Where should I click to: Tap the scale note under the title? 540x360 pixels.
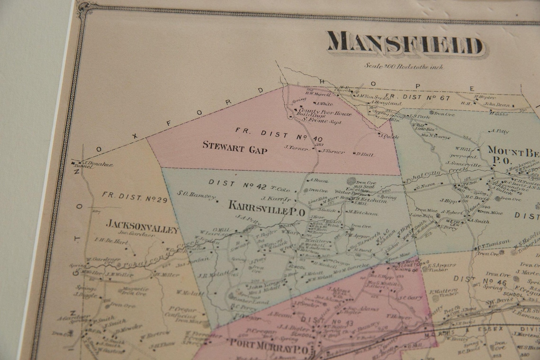click(404, 67)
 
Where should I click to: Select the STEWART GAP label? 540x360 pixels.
click(235, 148)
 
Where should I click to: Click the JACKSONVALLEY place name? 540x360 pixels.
click(143, 226)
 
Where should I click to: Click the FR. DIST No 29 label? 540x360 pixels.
click(135, 198)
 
